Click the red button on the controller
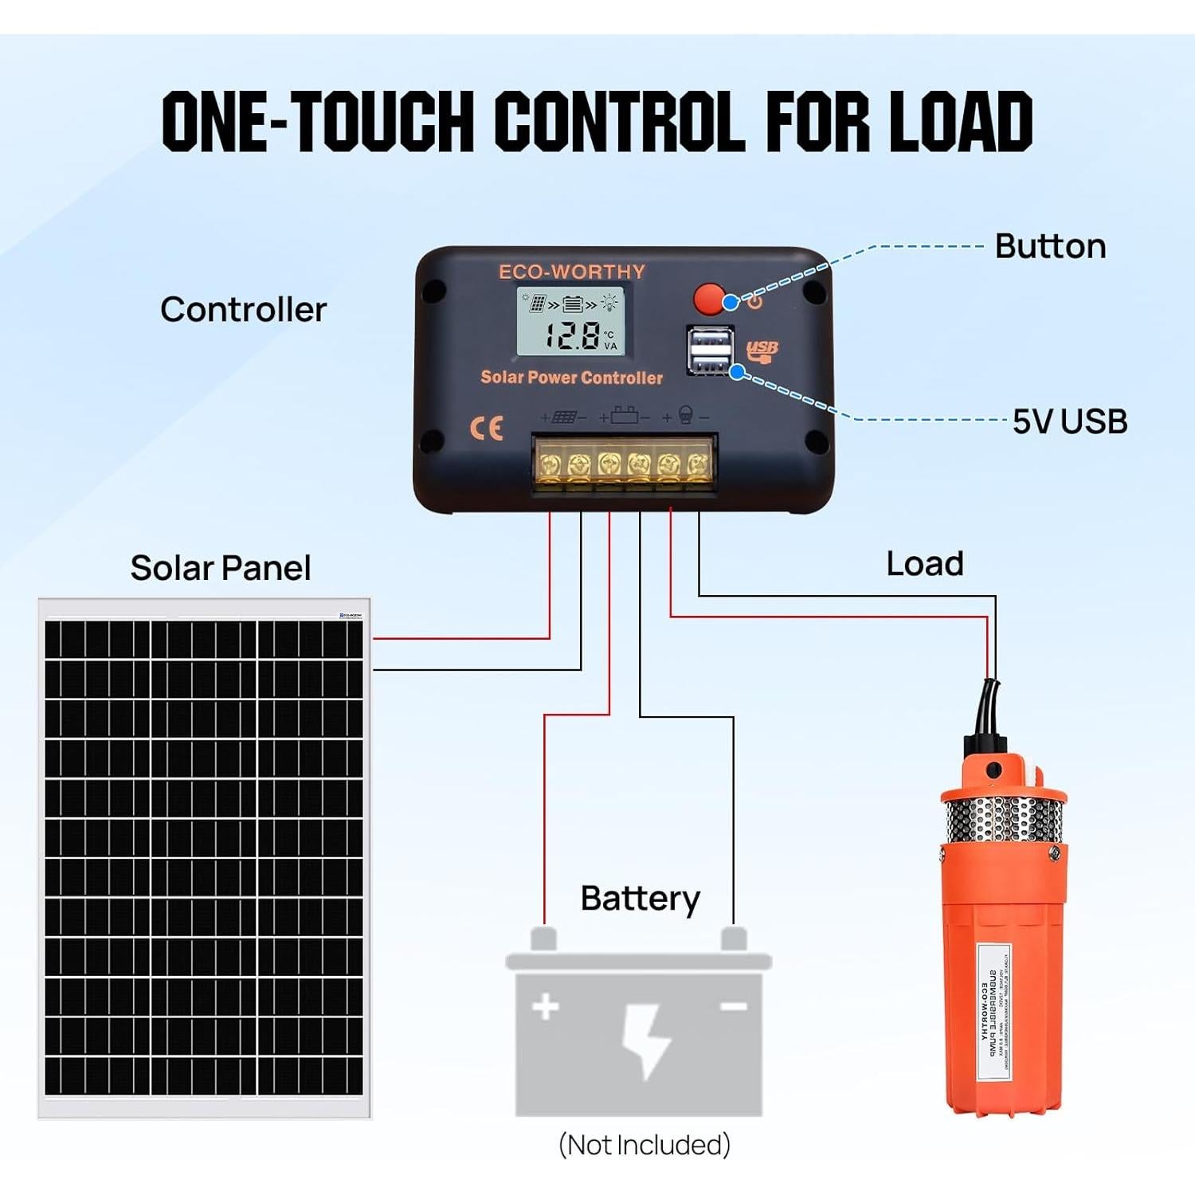[708, 300]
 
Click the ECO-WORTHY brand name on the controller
[572, 272]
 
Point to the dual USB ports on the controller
[709, 351]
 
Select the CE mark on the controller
[486, 428]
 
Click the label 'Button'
[1050, 247]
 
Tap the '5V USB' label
[1069, 421]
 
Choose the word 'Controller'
[243, 310]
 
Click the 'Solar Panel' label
[221, 568]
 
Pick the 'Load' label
[924, 564]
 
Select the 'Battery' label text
[640, 899]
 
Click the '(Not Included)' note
[644, 1145]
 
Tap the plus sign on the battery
[546, 1006]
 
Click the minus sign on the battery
[733, 1006]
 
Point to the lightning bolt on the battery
[647, 1040]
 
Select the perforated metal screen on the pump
[1002, 821]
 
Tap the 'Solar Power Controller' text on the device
[571, 378]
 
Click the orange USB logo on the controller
[762, 350]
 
